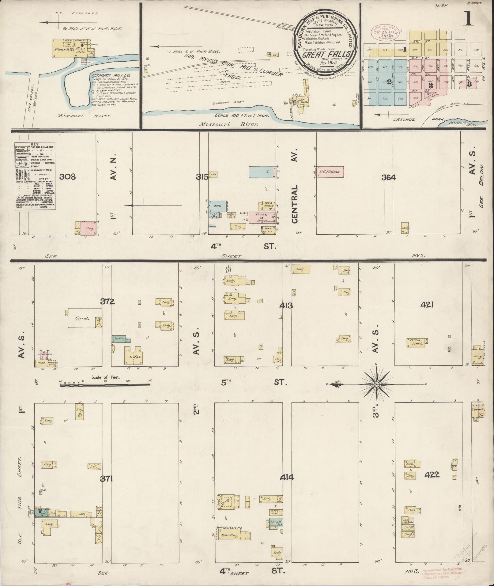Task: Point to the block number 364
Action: point(389,177)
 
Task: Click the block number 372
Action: point(107,302)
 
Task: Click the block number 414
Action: point(287,477)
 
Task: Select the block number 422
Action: point(432,475)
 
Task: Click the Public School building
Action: point(417,342)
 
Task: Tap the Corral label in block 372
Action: point(82,318)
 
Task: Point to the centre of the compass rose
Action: point(377,384)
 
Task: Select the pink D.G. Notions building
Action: point(330,172)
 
